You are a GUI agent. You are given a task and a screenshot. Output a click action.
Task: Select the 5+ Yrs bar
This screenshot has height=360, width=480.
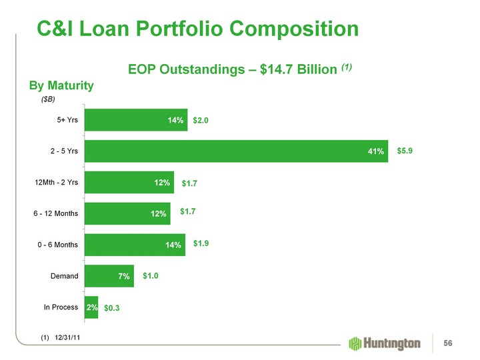tap(136, 121)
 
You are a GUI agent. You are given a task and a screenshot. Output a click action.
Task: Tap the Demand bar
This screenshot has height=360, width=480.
tap(109, 276)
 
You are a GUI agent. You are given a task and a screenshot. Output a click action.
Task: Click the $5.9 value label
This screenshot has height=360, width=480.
tap(405, 151)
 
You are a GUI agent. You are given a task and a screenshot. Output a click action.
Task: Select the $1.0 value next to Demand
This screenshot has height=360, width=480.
tap(151, 275)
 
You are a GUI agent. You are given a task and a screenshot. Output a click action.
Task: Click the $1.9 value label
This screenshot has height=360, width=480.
tap(202, 243)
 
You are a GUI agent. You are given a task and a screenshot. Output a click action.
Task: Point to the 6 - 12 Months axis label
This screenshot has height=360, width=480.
tap(57, 214)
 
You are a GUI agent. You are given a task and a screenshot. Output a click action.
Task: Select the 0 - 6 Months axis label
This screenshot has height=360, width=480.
tap(57, 245)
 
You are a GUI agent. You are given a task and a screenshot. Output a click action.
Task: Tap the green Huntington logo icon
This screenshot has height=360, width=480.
tap(355, 343)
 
